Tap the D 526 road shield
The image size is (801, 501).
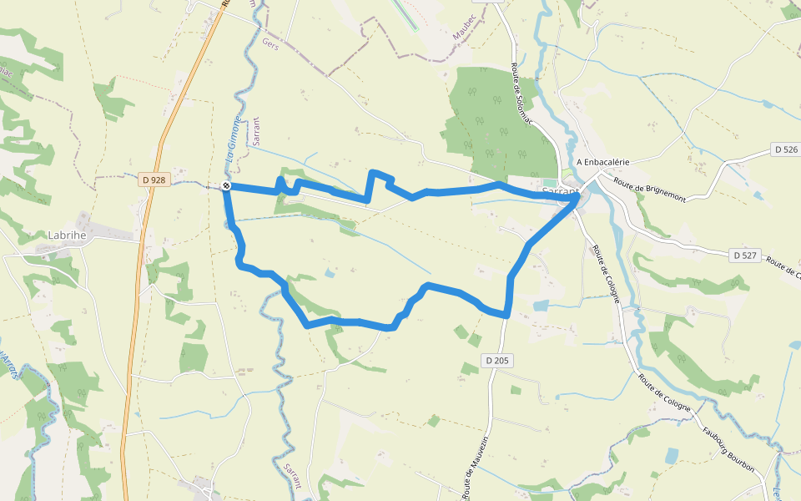786,149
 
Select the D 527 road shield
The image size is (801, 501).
744,255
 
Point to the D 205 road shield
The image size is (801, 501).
497,361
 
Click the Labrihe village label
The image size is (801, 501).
67,235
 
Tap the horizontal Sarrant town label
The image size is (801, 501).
560,191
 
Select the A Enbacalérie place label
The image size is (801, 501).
602,162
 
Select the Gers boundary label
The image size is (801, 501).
269,41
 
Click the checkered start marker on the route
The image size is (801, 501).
227,186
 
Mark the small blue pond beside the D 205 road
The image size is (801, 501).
541,306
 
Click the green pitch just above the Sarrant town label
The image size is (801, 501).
548,183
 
